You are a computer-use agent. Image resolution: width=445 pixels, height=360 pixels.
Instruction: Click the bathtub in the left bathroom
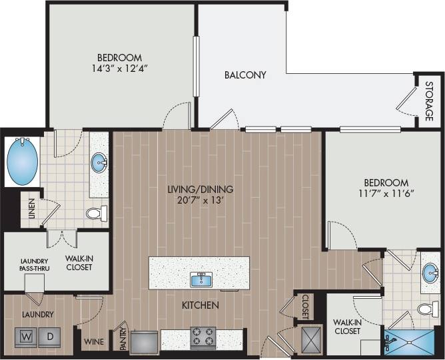pos(22,162)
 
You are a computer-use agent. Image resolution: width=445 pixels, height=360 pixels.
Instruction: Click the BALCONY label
pos(244,75)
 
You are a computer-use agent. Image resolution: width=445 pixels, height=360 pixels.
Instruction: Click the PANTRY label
pos(122,337)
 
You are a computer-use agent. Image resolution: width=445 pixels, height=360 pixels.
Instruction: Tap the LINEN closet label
pos(31,210)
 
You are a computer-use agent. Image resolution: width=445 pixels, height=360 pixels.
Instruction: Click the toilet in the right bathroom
pos(426,309)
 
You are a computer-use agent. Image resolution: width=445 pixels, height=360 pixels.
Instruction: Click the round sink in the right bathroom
pos(430,272)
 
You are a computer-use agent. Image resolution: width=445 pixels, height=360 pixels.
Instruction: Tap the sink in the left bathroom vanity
pos(99,161)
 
